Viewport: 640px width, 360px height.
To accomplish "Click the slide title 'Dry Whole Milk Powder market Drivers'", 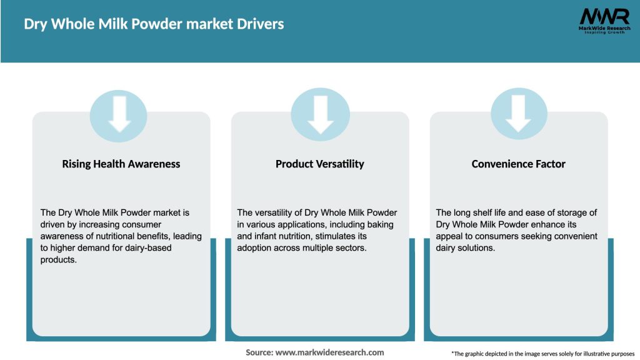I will click(154, 24).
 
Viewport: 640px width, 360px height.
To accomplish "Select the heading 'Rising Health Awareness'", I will click(121, 164).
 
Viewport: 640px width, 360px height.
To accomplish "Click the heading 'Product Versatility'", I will click(320, 164).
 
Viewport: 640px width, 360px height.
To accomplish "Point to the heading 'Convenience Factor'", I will click(518, 164).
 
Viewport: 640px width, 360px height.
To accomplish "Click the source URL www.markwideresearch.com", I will click(329, 352).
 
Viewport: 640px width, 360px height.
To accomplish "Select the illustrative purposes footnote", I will click(542, 354).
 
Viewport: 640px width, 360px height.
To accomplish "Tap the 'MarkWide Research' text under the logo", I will click(604, 28).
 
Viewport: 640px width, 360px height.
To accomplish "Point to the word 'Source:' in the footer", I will click(259, 352).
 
